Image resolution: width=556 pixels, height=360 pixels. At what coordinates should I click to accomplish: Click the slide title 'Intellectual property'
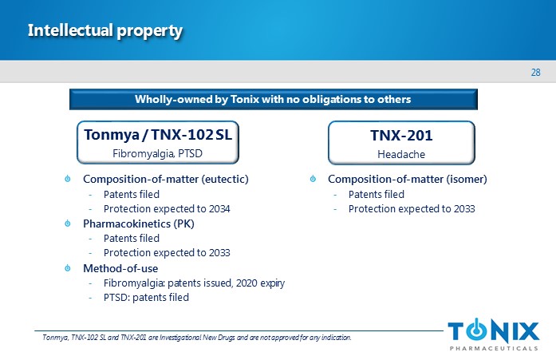(x=105, y=31)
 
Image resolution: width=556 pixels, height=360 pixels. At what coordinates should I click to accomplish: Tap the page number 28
(x=535, y=73)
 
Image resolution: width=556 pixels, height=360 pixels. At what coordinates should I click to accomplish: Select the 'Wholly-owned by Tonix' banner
(x=273, y=99)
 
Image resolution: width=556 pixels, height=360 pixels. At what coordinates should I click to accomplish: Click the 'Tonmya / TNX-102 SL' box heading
(x=158, y=135)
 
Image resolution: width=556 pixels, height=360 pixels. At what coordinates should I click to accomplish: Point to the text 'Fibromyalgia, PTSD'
(x=157, y=153)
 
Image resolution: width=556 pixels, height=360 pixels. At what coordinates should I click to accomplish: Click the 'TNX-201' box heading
(x=401, y=136)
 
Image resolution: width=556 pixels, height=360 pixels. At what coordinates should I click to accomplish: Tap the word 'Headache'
(x=401, y=154)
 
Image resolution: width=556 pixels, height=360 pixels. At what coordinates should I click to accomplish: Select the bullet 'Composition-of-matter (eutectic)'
(x=166, y=179)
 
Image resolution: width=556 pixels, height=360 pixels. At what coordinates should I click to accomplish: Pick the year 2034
(x=219, y=209)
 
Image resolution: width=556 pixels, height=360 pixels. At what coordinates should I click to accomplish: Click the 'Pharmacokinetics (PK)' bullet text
(x=139, y=224)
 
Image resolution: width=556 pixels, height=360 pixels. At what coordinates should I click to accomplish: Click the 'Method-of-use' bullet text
(x=120, y=268)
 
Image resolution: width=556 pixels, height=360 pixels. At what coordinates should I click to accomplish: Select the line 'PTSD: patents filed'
(x=146, y=297)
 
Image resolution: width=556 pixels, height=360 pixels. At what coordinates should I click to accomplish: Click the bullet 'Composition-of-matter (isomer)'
(x=408, y=179)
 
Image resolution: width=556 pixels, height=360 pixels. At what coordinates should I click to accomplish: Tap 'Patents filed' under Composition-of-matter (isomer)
(x=377, y=194)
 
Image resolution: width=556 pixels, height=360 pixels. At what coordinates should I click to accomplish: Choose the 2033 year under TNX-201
(x=464, y=209)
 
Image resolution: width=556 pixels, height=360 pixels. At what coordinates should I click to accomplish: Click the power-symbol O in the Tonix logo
(x=476, y=331)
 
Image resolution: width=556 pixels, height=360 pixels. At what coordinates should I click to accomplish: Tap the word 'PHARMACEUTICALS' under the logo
(x=494, y=348)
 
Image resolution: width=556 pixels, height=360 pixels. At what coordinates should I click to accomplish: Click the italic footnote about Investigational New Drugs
(x=197, y=338)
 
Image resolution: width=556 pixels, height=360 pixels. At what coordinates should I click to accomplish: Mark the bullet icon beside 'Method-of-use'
(x=68, y=268)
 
